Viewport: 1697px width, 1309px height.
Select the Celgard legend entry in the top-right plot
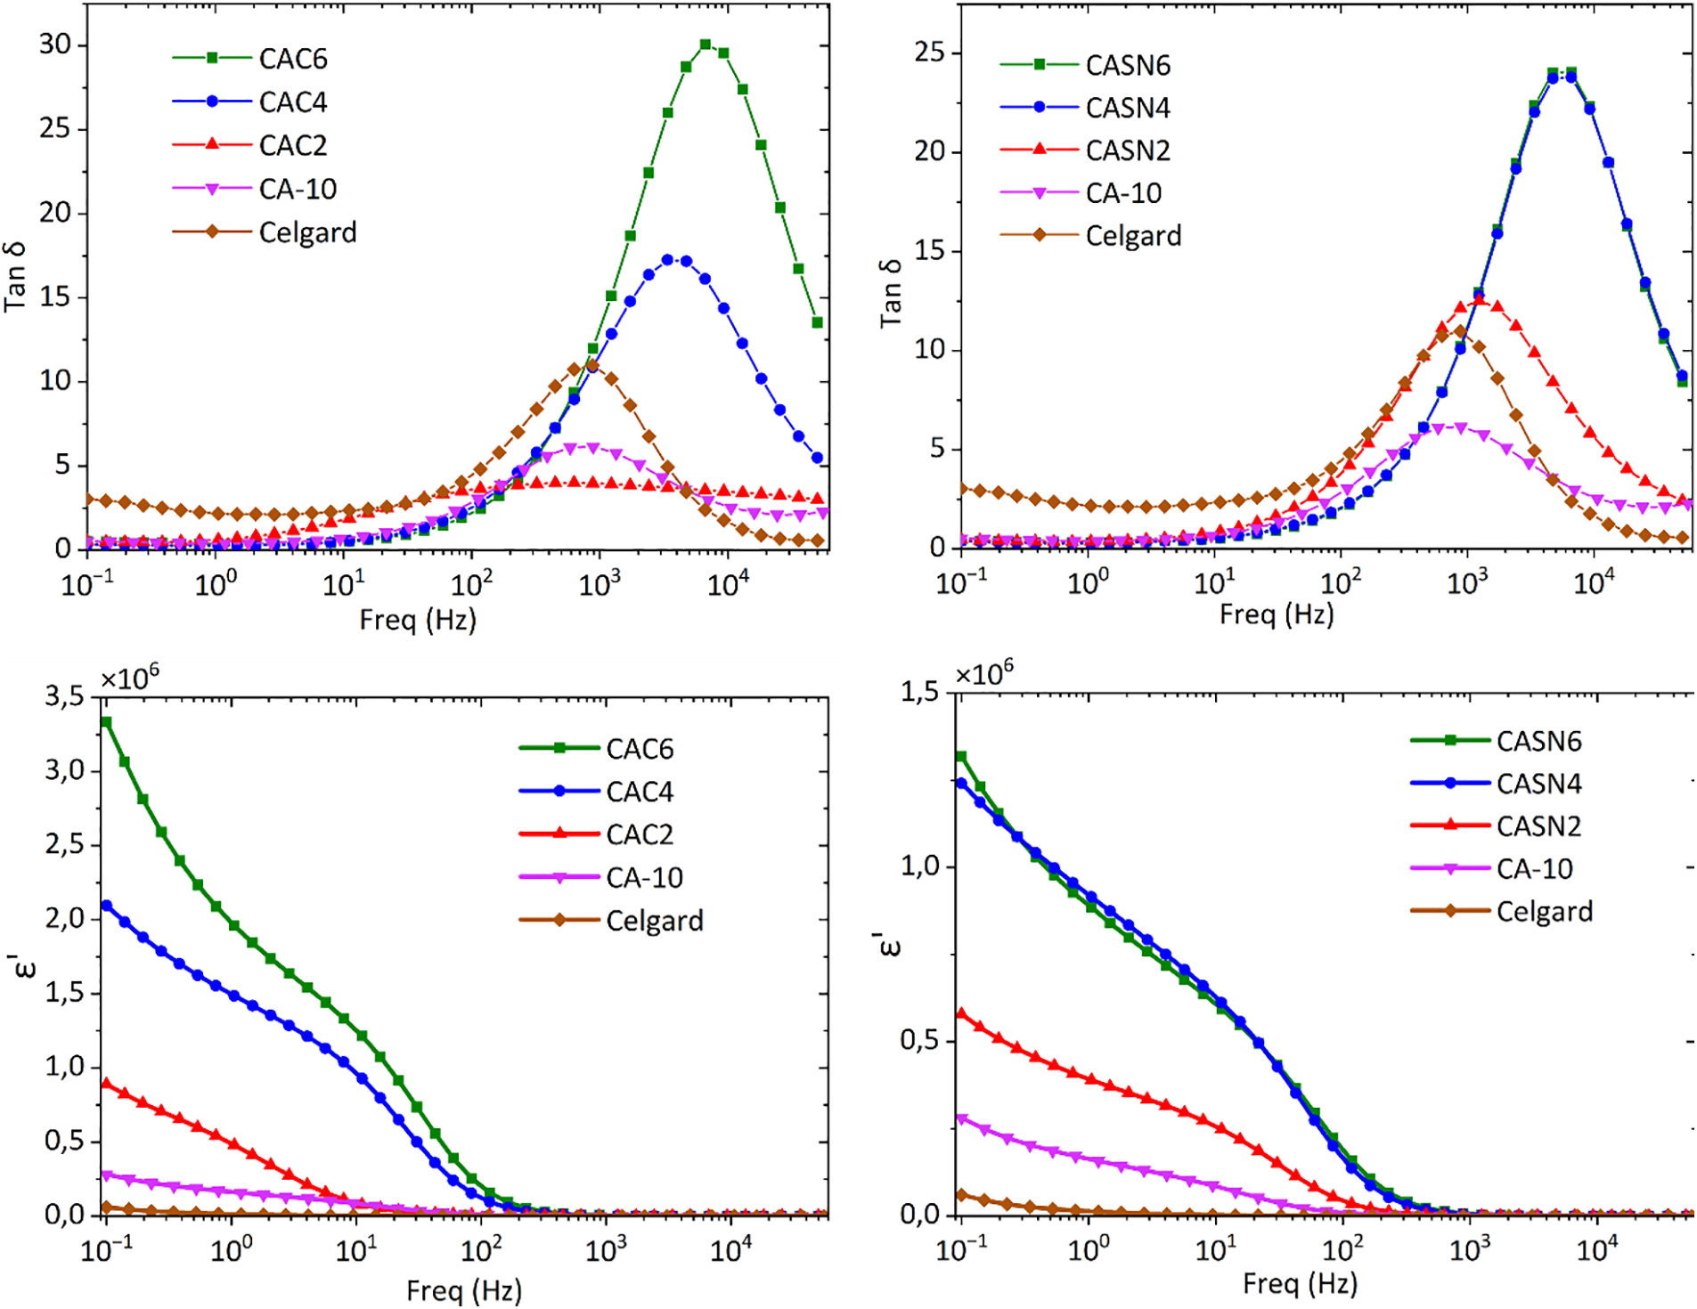[x=1132, y=236]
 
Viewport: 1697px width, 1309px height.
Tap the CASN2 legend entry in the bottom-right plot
[x=1538, y=826]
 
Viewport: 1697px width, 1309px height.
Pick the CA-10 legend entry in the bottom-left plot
[x=643, y=878]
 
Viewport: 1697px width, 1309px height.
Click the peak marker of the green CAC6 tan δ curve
[x=706, y=45]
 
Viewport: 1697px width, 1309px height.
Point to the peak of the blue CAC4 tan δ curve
[x=668, y=260]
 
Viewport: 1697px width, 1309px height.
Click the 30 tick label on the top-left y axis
[x=55, y=45]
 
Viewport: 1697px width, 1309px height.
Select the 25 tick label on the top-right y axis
[x=930, y=53]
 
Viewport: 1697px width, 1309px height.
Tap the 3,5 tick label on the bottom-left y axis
[x=64, y=696]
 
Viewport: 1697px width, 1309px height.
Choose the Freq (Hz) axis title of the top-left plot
[x=418, y=620]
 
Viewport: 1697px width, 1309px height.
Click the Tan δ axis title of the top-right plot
[x=891, y=294]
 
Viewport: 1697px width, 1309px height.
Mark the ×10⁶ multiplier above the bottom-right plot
[x=984, y=672]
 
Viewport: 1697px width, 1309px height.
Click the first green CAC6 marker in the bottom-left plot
[x=106, y=722]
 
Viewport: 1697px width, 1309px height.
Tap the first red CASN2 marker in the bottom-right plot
[x=961, y=1013]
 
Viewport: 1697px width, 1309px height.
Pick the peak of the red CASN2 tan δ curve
[x=1480, y=300]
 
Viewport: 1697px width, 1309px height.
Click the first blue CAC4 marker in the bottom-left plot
[x=107, y=906]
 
